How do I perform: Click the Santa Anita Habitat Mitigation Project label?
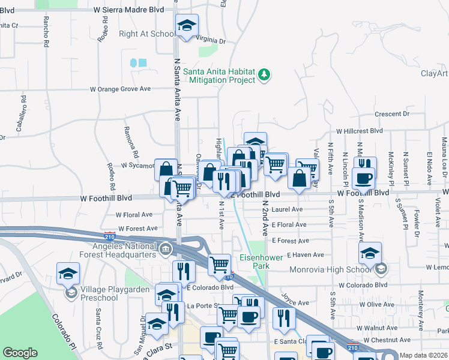click(219, 75)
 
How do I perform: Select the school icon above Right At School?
click(187, 26)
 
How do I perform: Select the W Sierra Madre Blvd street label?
click(129, 10)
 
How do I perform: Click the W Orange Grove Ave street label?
click(120, 89)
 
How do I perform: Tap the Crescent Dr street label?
click(391, 114)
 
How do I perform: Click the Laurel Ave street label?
click(287, 210)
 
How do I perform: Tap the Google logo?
click(20, 353)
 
